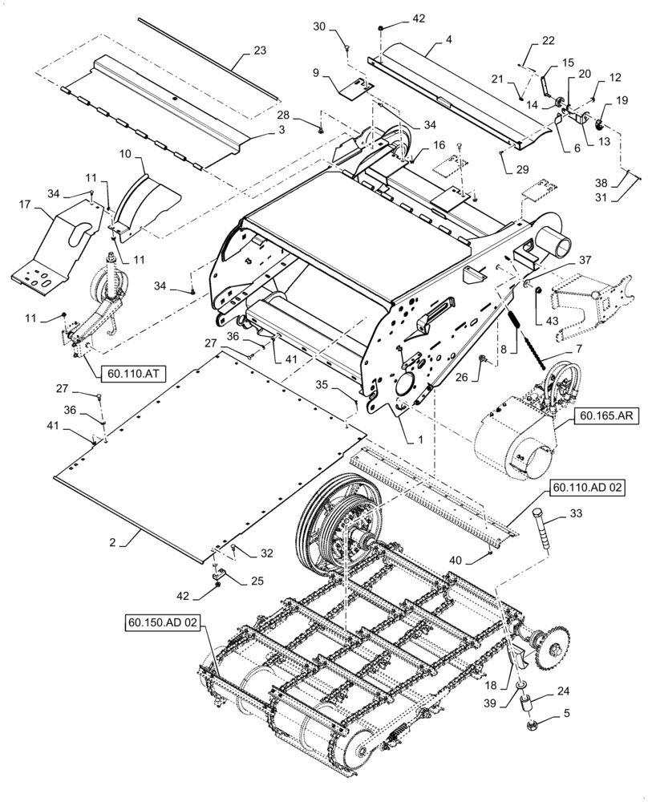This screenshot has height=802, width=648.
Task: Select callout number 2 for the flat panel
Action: tap(114, 543)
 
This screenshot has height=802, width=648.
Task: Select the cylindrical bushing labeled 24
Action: tap(529, 705)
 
